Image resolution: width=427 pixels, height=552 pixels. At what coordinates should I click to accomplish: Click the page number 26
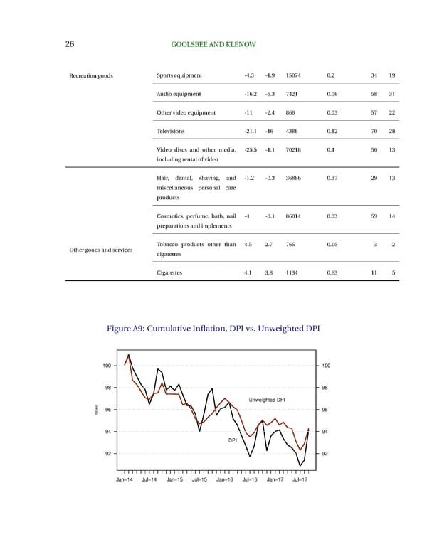[70, 45]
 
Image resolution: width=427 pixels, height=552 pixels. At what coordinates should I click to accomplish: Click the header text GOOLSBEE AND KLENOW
[213, 45]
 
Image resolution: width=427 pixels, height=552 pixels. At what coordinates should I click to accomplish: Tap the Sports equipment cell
[179, 75]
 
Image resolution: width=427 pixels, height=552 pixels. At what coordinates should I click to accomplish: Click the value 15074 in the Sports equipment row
[293, 75]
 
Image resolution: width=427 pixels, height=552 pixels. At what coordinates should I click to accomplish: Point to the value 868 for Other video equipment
[290, 112]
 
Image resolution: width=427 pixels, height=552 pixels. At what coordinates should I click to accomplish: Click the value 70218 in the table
[293, 149]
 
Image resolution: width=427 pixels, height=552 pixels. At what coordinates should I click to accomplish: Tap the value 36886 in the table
[293, 178]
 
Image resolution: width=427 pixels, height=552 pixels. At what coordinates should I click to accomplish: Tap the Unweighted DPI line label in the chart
[267, 398]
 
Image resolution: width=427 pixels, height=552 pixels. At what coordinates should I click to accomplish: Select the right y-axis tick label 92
[327, 453]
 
